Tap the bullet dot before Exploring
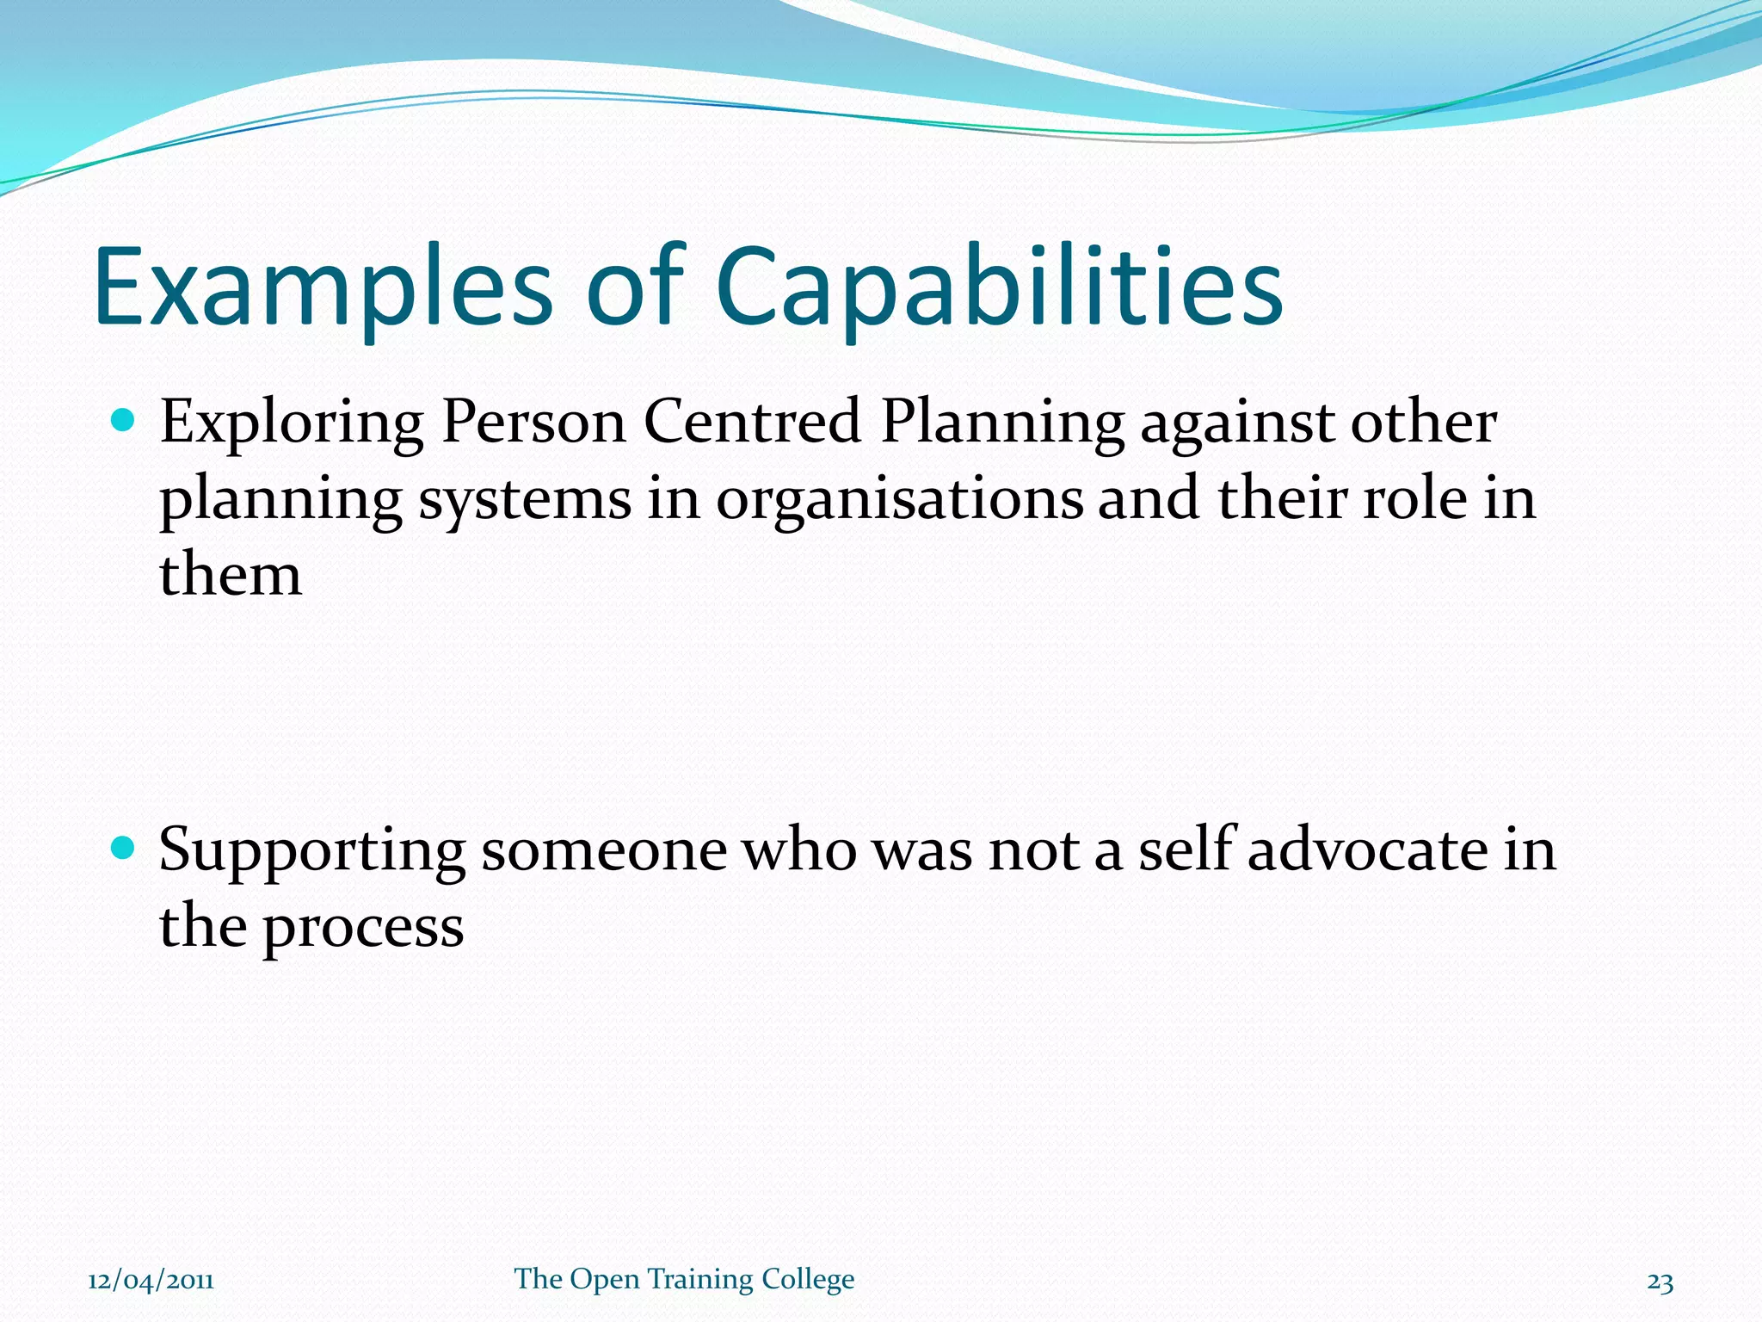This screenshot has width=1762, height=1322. pos(124,421)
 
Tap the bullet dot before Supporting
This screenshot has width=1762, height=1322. pos(124,849)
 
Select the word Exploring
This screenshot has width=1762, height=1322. pos(292,424)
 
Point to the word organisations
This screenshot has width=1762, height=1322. pos(899,501)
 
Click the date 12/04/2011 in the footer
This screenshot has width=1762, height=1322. pos(151,1281)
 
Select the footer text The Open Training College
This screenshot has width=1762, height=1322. pos(684,1279)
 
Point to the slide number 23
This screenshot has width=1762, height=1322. pos(1660,1282)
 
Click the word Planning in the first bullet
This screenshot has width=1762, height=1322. pos(1002,424)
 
